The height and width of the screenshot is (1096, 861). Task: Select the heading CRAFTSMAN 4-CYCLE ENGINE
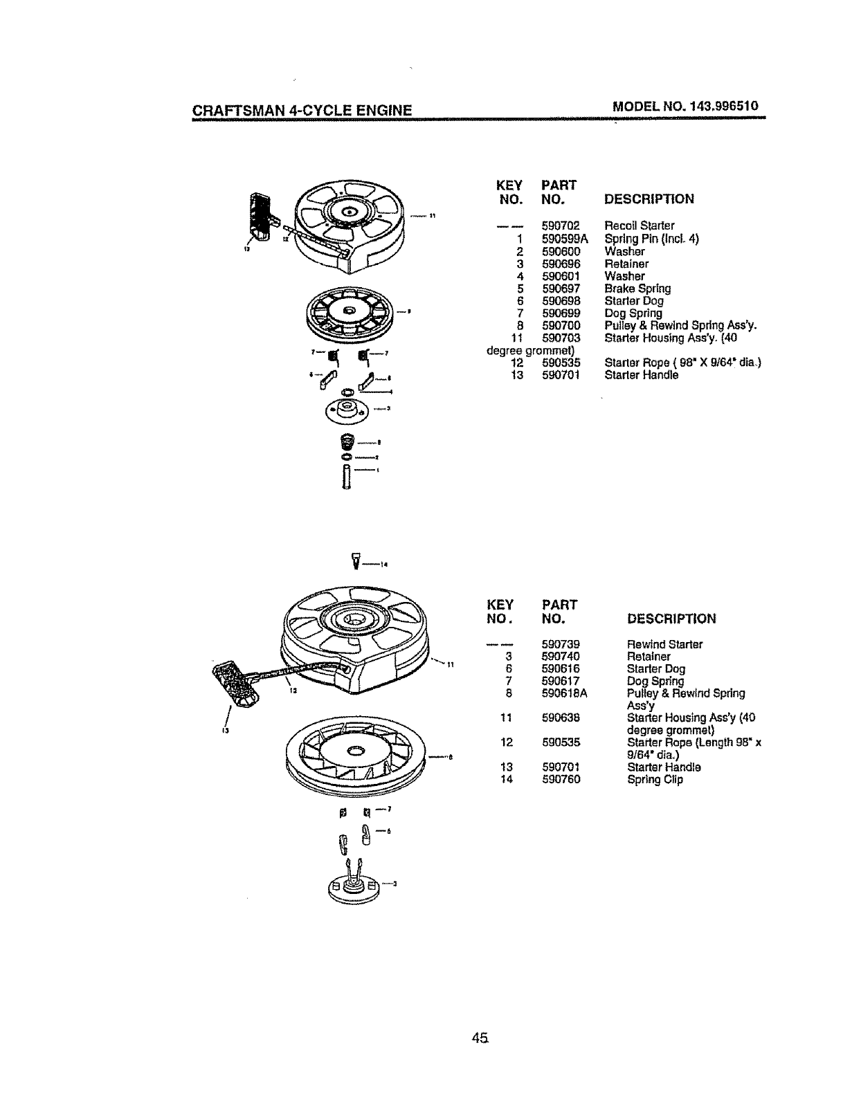pyautogui.click(x=302, y=110)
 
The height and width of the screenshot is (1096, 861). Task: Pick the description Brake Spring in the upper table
pyautogui.click(x=637, y=289)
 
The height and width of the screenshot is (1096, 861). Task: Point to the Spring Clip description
pyautogui.click(x=654, y=780)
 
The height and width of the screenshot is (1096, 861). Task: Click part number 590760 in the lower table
pyautogui.click(x=561, y=780)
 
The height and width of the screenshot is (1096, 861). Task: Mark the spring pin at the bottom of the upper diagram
pyautogui.click(x=345, y=475)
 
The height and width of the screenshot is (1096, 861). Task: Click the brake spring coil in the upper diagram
pyautogui.click(x=348, y=441)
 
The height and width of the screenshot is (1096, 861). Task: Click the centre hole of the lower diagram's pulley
pyautogui.click(x=356, y=750)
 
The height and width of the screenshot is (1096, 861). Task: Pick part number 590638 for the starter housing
pyautogui.click(x=561, y=718)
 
